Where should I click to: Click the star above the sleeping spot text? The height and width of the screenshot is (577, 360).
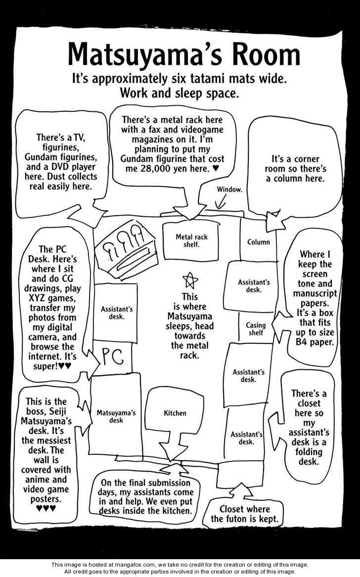(x=190, y=281)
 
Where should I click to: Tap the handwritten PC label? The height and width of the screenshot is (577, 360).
(x=113, y=357)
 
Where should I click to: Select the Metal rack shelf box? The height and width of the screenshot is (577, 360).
(x=191, y=241)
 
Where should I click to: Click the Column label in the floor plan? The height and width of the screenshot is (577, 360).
(x=258, y=242)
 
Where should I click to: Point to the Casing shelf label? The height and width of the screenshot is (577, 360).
(x=256, y=329)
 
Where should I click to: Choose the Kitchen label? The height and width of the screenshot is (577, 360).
(x=175, y=413)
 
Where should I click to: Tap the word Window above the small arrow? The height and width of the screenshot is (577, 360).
(x=229, y=190)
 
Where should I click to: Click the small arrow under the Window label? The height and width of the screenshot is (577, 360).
(x=221, y=201)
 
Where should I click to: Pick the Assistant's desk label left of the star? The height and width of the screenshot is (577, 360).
(x=117, y=312)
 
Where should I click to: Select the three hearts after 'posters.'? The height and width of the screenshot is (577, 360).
(x=46, y=508)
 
